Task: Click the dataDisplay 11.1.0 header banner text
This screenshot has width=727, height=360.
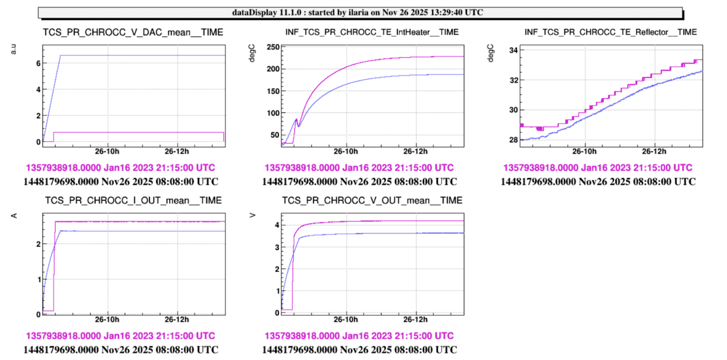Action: pos(357,12)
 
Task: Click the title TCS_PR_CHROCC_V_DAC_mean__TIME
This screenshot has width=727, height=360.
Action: pos(133,32)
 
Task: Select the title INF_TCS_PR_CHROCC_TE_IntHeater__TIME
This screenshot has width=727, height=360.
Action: pos(372,32)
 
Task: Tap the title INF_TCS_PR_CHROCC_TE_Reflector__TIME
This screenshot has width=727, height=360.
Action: pos(610,32)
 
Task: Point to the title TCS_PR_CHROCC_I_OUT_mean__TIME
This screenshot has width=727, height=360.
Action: pos(133,201)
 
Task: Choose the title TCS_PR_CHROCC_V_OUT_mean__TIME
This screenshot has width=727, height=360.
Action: pos(372,201)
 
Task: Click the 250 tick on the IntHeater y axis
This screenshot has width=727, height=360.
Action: pos(273,47)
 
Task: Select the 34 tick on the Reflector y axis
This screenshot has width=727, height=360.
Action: pos(513,50)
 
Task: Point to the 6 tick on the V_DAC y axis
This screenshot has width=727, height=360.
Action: pos(38,63)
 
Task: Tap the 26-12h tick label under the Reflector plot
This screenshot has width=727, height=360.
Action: pos(654,151)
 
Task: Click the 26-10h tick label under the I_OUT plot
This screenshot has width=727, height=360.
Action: pos(107,320)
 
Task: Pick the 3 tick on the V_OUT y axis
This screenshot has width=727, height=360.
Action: pos(277,247)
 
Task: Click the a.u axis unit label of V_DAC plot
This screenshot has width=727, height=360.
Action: pos(14,49)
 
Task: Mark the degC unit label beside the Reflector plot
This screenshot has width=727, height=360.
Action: pos(491,53)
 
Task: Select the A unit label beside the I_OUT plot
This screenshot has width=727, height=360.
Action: pos(14,216)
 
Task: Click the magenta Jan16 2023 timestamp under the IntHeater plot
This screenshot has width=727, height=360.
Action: pos(359,168)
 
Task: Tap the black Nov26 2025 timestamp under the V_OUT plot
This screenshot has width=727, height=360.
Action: pos(359,350)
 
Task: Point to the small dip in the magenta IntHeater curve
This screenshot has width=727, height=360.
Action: pos(299,125)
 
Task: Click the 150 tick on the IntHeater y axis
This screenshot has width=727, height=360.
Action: pos(273,91)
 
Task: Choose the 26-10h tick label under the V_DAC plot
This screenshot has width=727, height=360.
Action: pos(107,151)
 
